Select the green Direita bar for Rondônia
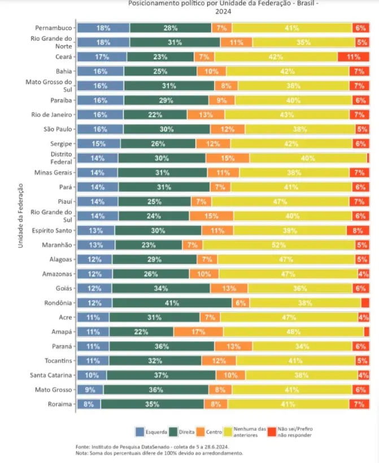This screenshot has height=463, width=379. (x=172, y=303)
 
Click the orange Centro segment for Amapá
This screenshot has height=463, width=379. (x=197, y=332)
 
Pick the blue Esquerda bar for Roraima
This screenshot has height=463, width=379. (x=89, y=404)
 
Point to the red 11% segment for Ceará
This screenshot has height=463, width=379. (x=353, y=56)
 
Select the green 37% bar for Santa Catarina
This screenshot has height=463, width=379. (x=161, y=375)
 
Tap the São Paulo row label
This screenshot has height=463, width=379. (x=58, y=129)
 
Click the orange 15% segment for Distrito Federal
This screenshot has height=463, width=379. (x=228, y=158)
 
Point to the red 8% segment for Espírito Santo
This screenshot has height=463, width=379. (x=358, y=230)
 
